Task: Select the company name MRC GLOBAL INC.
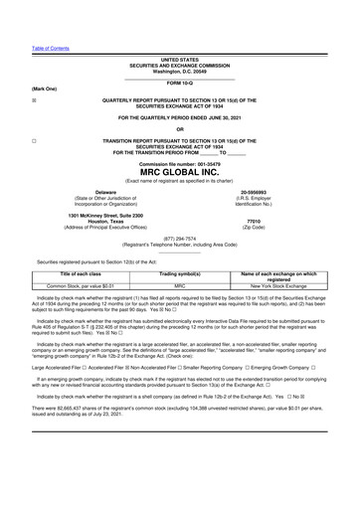(x=179, y=172)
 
